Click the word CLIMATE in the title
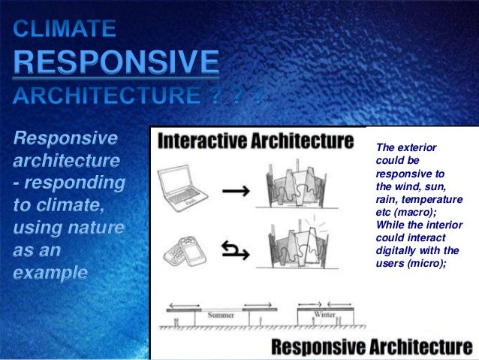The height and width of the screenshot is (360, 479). point(65,31)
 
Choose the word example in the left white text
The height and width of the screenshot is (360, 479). point(50,271)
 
